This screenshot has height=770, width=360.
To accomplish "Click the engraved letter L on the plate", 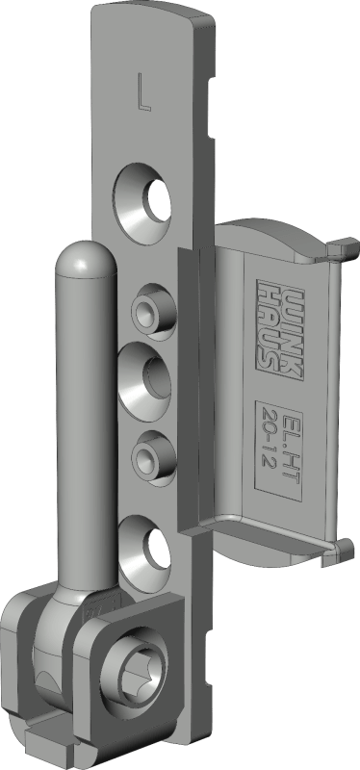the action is pos(143,91).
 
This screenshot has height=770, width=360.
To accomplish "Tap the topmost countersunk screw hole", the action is pos(142,203).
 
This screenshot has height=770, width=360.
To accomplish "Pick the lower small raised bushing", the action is pos(154,459).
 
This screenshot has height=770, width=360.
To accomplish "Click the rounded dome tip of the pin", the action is pos(86,257).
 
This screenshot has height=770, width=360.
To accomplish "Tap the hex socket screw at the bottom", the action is pos(135,669).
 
